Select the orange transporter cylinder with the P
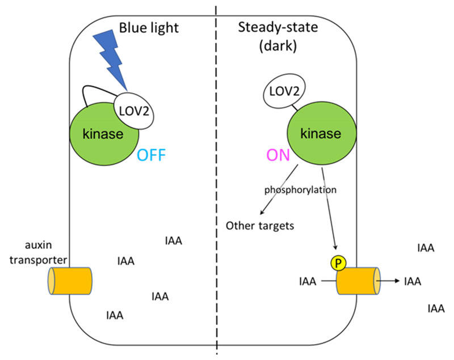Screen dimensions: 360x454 (x=358, y=280)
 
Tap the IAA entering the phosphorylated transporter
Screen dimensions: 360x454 (x=307, y=280)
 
